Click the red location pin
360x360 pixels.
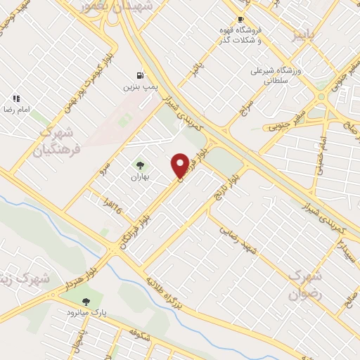(x=180, y=165)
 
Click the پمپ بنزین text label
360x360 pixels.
(x=138, y=86)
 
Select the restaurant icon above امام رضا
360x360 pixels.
(x=15, y=98)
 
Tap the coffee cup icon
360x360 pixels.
(x=241, y=20)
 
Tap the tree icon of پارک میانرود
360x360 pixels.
(x=86, y=301)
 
